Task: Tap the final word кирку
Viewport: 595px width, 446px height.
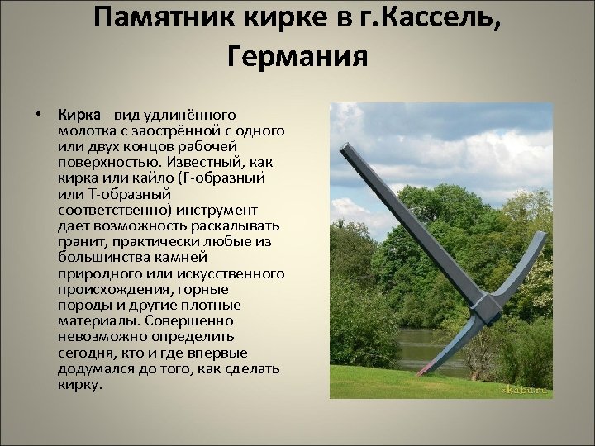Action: (x=79, y=384)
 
